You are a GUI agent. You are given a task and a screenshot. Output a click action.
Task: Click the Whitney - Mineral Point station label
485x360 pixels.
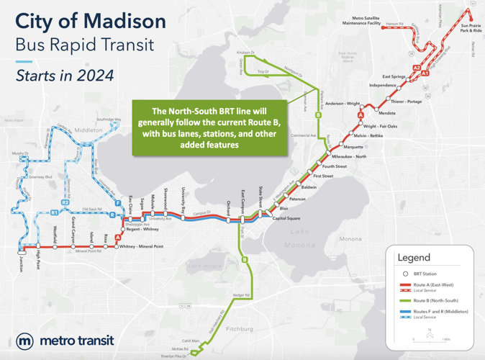click(142, 246)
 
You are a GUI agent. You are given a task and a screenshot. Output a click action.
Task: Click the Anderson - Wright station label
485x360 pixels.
click(343, 104)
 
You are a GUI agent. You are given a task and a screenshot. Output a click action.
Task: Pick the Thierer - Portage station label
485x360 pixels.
click(407, 102)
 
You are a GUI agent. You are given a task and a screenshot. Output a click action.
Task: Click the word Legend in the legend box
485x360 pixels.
click(414, 257)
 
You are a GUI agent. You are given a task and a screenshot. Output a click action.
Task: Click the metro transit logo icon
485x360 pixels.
click(25, 341)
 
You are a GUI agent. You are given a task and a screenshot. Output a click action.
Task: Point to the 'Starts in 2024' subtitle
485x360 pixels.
click(65, 74)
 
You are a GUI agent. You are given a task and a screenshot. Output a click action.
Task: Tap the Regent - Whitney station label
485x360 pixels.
click(142, 229)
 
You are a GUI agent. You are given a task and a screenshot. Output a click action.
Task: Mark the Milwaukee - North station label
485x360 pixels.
click(349, 156)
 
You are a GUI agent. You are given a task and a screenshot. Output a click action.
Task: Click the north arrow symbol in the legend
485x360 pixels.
click(430, 335)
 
